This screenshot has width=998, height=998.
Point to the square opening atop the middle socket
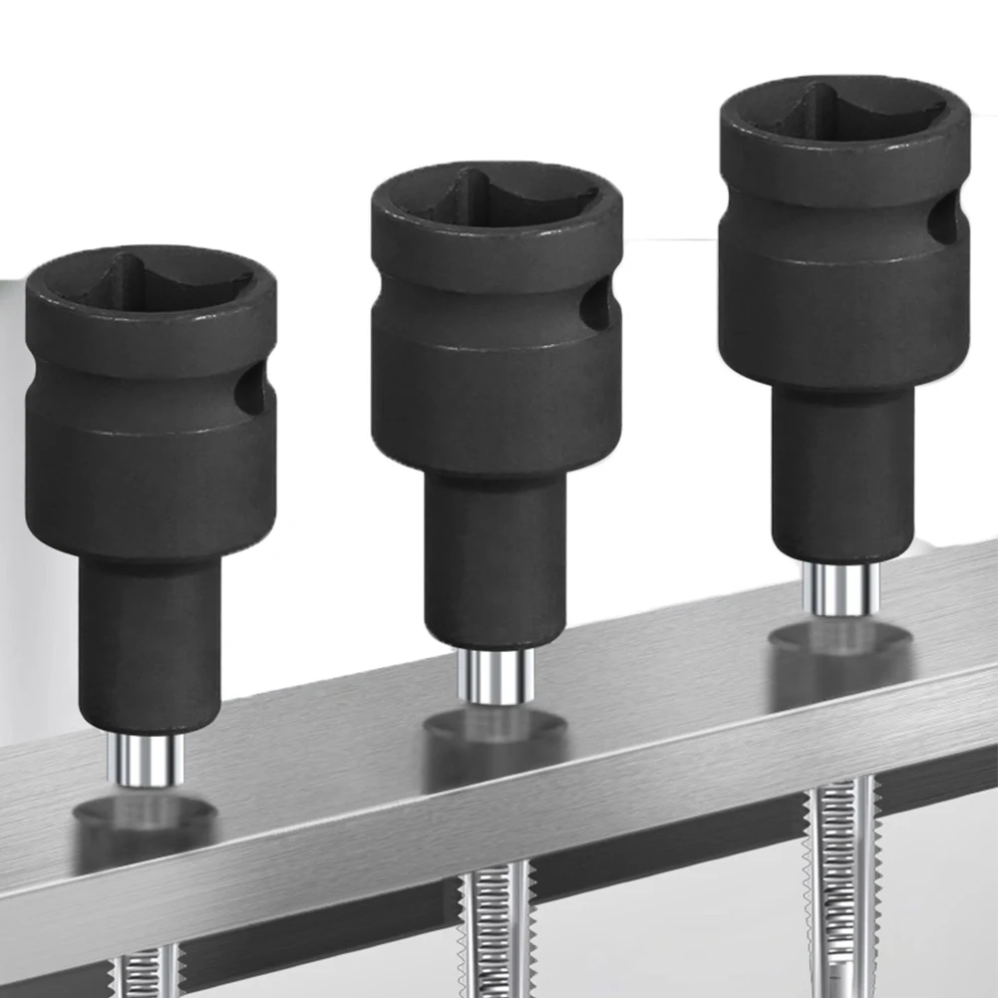(494, 200)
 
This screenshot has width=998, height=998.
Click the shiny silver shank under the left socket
(147, 760)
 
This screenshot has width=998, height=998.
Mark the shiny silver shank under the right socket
(839, 588)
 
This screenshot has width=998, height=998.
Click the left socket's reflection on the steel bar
(146, 818)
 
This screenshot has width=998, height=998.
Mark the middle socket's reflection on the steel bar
(495, 728)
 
